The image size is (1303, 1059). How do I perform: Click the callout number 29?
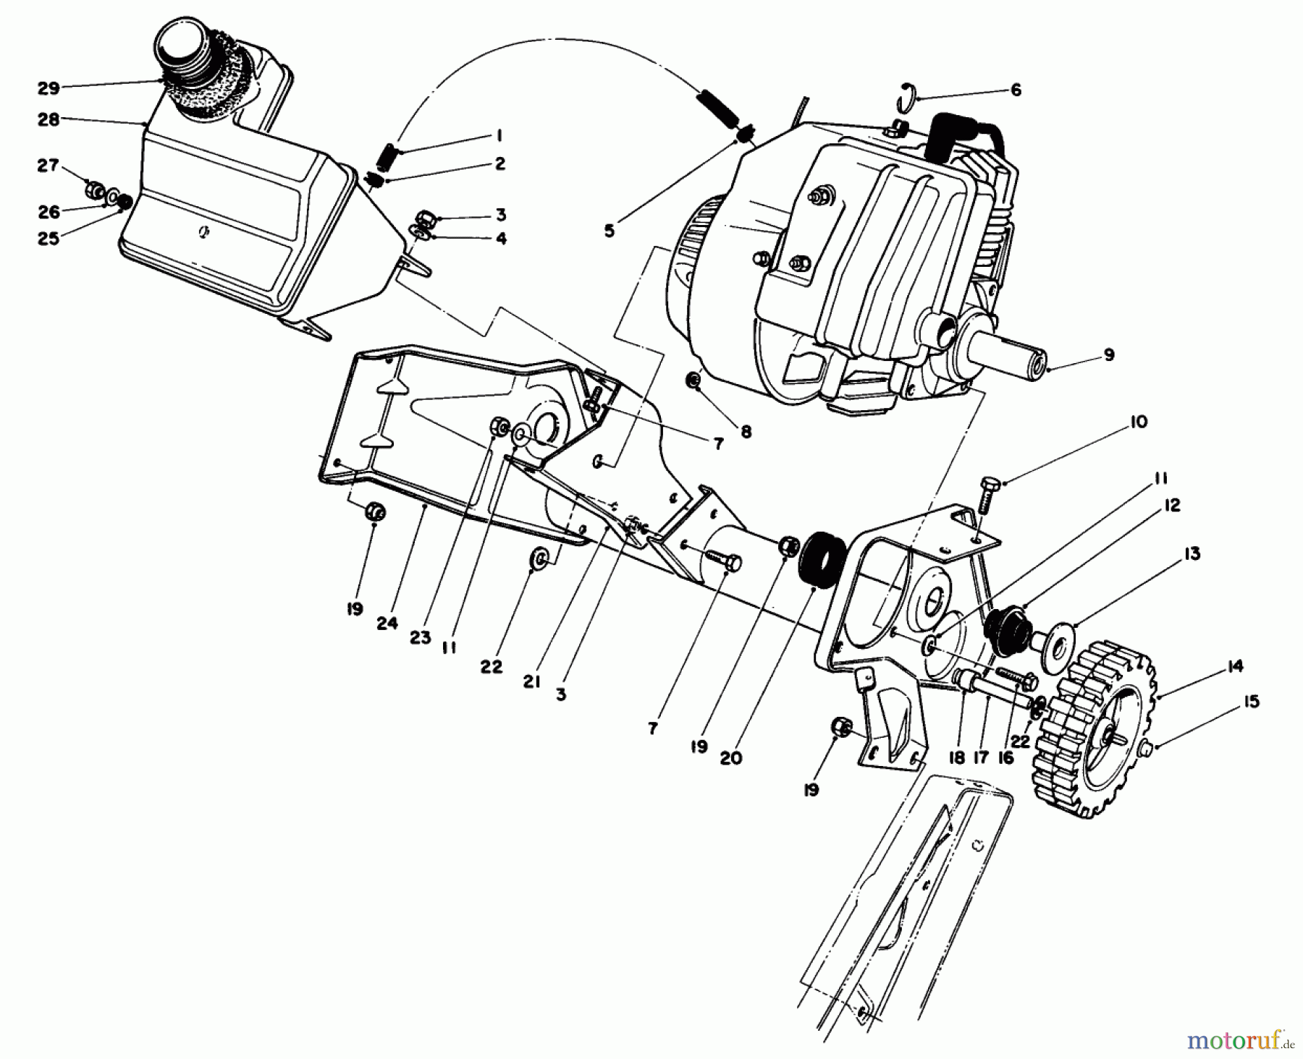click(49, 88)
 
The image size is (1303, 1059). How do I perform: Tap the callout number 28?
click(49, 120)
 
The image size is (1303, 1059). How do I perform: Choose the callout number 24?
click(387, 622)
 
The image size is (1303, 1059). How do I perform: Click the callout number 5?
click(609, 231)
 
